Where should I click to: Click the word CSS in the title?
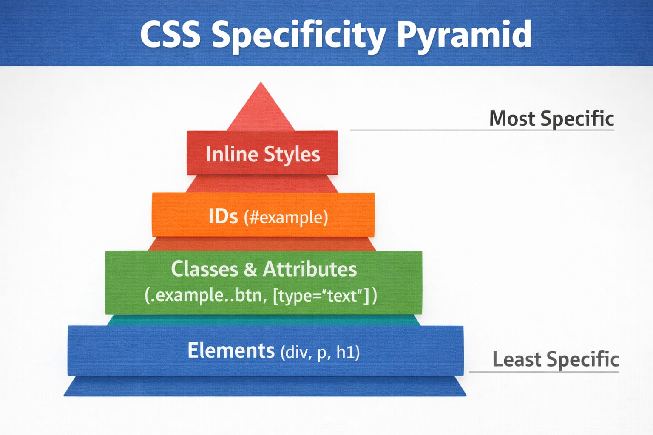pyautogui.click(x=170, y=34)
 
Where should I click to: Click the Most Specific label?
pyautogui.click(x=551, y=118)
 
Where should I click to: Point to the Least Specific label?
pyautogui.click(x=555, y=359)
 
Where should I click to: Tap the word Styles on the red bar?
pyautogui.click(x=292, y=155)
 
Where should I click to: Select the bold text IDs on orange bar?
pyautogui.click(x=223, y=216)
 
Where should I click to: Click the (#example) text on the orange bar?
pyautogui.click(x=286, y=217)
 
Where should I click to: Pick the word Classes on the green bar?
pyautogui.click(x=204, y=269)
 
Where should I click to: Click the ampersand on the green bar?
pyautogui.click(x=250, y=269)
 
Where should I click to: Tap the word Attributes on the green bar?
pyautogui.click(x=309, y=269)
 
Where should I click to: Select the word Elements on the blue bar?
pyautogui.click(x=231, y=351)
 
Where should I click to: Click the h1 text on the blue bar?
pyautogui.click(x=347, y=352)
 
